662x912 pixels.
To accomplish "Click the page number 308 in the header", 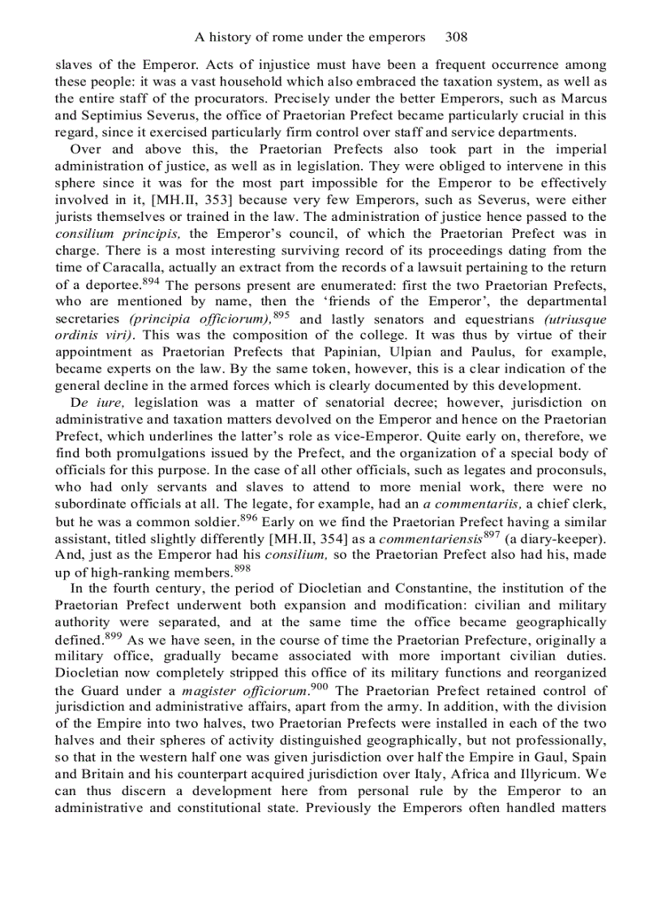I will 457,37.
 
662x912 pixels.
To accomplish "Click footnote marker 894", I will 152,282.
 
